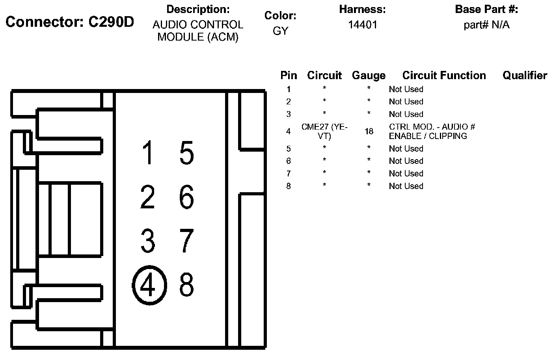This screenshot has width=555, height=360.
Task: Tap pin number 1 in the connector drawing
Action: pyautogui.click(x=148, y=153)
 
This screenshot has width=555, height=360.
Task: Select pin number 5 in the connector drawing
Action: pyautogui.click(x=186, y=153)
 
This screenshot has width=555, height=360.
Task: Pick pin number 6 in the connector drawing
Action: pyautogui.click(x=186, y=197)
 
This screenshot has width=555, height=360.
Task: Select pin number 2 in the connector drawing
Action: pyautogui.click(x=148, y=197)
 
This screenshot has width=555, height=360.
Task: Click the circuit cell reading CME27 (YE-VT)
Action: pyautogui.click(x=324, y=131)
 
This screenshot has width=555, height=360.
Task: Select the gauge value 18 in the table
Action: pyautogui.click(x=369, y=131)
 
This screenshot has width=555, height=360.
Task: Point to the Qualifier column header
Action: pyautogui.click(x=525, y=75)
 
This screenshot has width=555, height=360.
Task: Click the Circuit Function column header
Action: pyautogui.click(x=444, y=75)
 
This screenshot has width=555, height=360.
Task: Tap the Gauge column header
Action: pyautogui.click(x=369, y=75)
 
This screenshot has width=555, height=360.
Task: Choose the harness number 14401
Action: pyautogui.click(x=362, y=25)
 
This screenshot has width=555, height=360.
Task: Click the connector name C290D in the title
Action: pyautogui.click(x=111, y=22)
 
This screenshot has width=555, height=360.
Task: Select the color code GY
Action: pyautogui.click(x=280, y=31)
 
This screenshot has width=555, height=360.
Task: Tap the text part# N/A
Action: pyautogui.click(x=486, y=25)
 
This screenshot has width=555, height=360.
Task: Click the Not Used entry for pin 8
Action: pyautogui.click(x=406, y=186)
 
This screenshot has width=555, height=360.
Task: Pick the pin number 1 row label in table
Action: pyautogui.click(x=289, y=89)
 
